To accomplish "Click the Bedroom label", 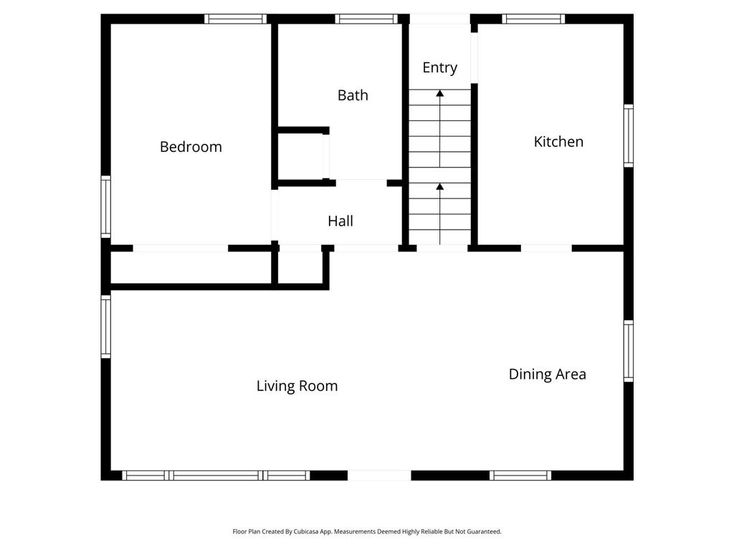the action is coord(191,147).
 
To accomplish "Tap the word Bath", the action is coord(353,95).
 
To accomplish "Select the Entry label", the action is coord(439,68).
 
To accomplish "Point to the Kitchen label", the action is coord(558,142).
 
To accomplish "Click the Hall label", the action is coord(340,221).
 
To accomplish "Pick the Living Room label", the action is coord(297,386).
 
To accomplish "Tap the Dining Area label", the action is coord(547,374).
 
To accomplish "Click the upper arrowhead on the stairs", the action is coord(439,94).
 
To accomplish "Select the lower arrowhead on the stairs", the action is coord(439,187).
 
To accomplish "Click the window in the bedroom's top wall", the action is coord(235,19).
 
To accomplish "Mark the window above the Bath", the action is coord(366,19).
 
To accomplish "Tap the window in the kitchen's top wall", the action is coord(533,19).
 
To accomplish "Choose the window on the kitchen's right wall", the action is coord(629,135).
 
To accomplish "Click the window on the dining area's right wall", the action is coord(629,351).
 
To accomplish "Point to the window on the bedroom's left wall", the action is coord(106,207).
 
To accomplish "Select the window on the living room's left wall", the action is coord(106,327).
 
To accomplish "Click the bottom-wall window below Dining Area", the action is coord(520,476).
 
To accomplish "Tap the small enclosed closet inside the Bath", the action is coord(300,157).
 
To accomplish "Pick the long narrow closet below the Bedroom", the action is coord(191,268).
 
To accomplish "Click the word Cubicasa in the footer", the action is coord(305,532).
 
